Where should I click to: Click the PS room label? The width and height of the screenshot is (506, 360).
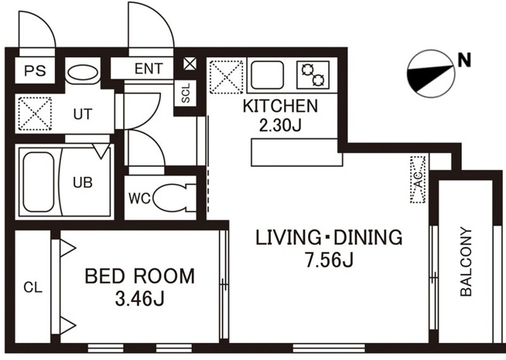click(x=35, y=71)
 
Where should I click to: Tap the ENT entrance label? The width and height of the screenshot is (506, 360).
click(x=149, y=68)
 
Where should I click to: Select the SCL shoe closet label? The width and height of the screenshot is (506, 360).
click(x=186, y=93)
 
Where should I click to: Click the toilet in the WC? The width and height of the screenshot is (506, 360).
click(x=175, y=197)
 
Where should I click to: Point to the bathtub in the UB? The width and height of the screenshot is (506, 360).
click(x=38, y=182)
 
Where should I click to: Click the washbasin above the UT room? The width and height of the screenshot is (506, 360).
click(x=82, y=73)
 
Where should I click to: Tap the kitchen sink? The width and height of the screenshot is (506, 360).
click(x=268, y=74)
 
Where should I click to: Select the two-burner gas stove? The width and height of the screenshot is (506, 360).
click(x=313, y=74)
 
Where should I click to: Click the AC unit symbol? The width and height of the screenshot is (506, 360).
click(x=418, y=180)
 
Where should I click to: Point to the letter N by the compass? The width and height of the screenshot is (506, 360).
click(x=464, y=60)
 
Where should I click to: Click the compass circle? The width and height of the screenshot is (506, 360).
click(x=431, y=74)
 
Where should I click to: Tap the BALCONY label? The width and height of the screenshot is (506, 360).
click(x=466, y=261)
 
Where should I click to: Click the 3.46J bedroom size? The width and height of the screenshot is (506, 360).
click(x=140, y=299)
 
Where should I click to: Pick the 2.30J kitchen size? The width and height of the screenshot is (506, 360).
click(x=280, y=125)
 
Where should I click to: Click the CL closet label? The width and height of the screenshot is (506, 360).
click(x=33, y=287)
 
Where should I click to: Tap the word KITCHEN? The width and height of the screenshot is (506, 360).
click(x=280, y=106)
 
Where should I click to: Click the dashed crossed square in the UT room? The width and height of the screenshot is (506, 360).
click(x=35, y=113)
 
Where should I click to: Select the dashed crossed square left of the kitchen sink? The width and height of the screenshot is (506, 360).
click(x=226, y=77)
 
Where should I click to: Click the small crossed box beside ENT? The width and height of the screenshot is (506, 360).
click(x=189, y=64)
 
